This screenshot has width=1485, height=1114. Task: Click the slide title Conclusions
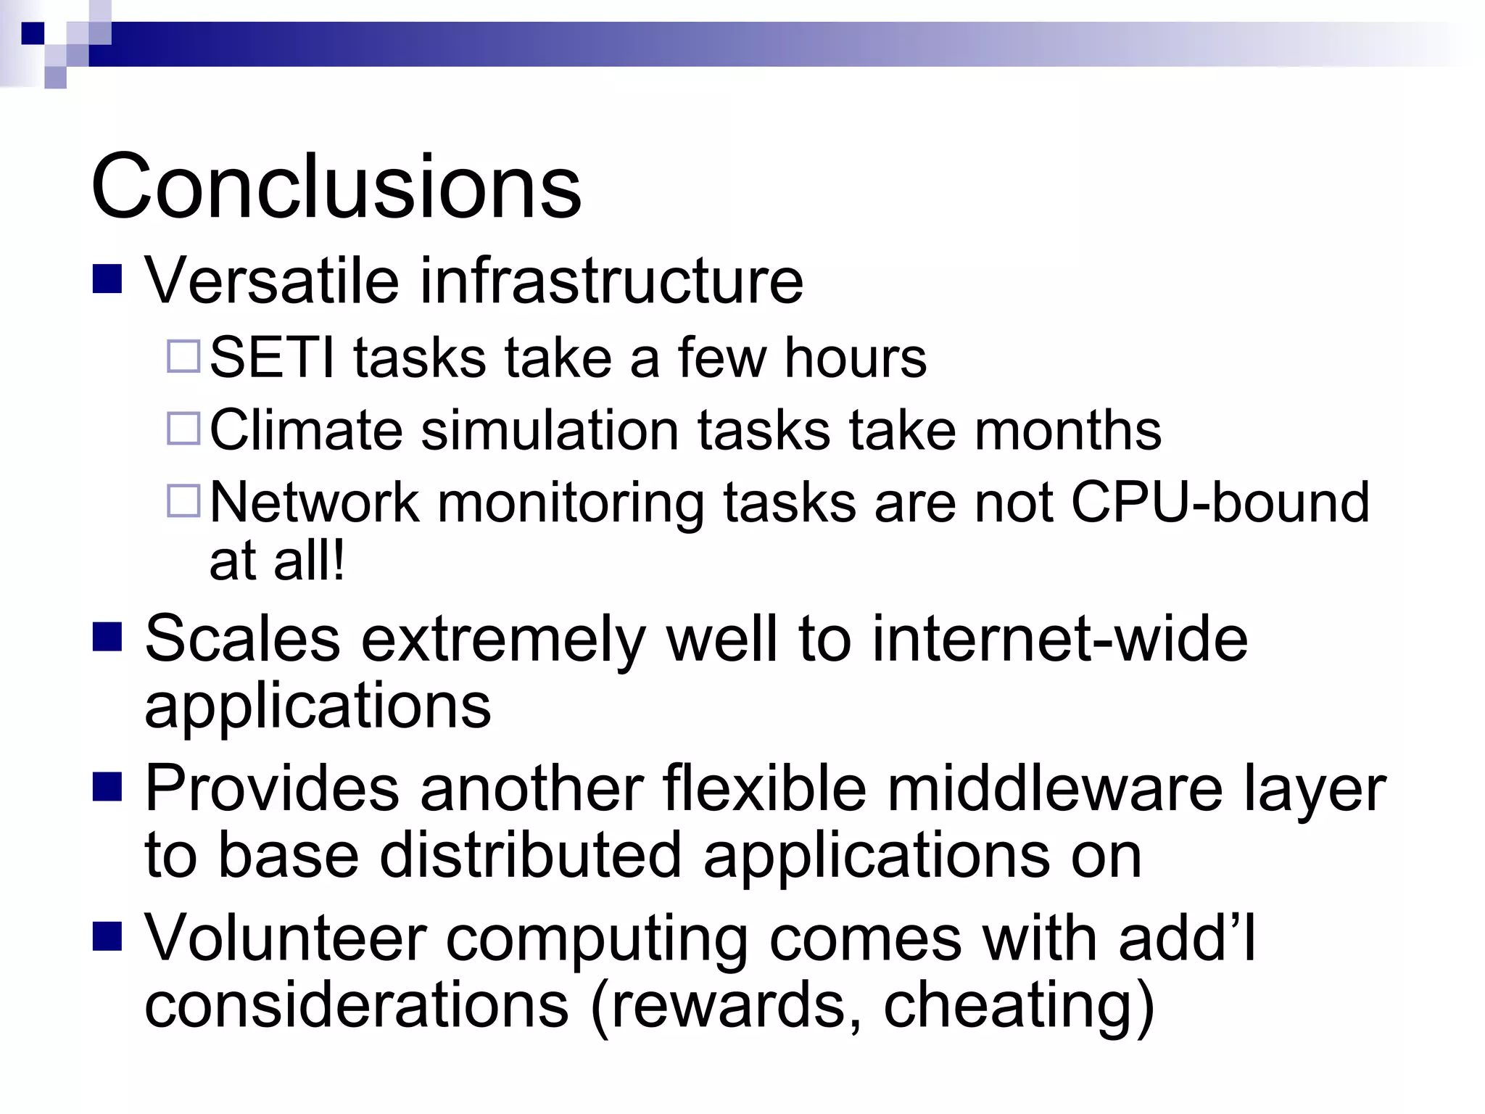[336, 186]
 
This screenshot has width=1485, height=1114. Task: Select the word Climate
[305, 430]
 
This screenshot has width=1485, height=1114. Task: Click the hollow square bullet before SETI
[183, 356]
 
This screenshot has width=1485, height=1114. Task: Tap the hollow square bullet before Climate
[183, 428]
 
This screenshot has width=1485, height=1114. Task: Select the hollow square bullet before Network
[183, 500]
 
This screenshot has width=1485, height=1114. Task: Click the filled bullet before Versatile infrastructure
[107, 278]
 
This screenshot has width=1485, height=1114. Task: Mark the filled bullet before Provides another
[107, 786]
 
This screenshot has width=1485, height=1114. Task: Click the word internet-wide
[1059, 638]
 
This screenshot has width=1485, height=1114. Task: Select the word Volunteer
[285, 938]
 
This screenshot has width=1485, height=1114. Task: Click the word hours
[855, 358]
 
